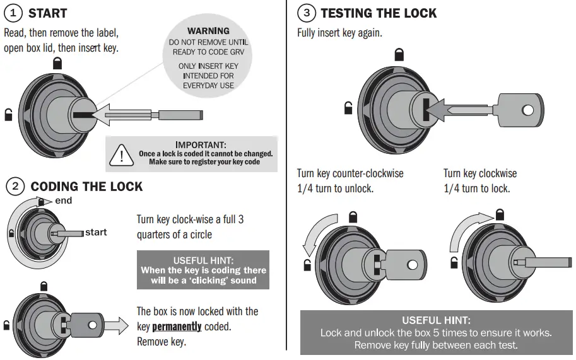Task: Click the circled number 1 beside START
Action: click(14, 13)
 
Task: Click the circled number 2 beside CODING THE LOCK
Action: click(15, 187)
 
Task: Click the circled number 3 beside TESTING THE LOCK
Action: click(306, 13)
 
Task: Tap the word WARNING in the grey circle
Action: click(208, 31)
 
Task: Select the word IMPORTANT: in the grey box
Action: click(201, 145)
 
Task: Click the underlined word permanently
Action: click(177, 327)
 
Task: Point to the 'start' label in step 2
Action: click(96, 233)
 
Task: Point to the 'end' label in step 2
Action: click(64, 200)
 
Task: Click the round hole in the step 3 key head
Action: click(527, 110)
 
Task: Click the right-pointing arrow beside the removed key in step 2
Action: click(116, 325)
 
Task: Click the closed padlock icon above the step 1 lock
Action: click(57, 62)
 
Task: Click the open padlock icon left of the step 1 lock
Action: click(8, 115)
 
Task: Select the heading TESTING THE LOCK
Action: click(378, 13)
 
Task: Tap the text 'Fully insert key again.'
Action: click(339, 33)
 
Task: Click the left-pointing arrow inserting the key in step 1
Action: click(123, 114)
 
